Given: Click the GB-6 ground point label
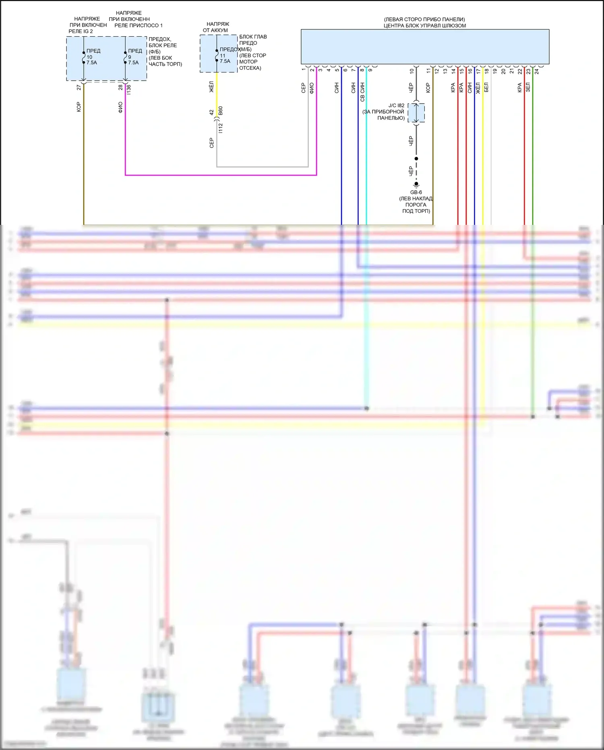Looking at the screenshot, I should coord(416,192).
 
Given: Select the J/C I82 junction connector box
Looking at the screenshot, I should coord(416,113).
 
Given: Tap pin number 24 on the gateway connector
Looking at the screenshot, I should coord(536,71).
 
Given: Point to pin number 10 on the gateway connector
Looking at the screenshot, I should coord(412,71).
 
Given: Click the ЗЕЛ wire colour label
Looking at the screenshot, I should coord(528,87).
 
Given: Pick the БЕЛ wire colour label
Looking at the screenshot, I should coord(486,87).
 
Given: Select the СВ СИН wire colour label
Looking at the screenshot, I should coord(362,92).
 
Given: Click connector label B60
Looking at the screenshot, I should coord(220,111).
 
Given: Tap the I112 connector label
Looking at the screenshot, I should coord(220,128).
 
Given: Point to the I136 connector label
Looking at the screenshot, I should coord(128,89).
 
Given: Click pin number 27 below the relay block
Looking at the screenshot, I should coord(79,87).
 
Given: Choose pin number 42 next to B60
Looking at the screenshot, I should coord(211,112).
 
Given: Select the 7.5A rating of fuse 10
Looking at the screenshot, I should coord(92,63).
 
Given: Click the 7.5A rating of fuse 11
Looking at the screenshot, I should coord(225,61).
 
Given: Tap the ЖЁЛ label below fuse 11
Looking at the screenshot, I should coord(211,87).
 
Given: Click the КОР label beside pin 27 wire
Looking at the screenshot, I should coord(79,107).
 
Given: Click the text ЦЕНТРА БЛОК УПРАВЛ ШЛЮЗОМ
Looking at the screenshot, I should coord(424,25).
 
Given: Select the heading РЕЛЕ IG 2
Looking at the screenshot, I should coord(81,31).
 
